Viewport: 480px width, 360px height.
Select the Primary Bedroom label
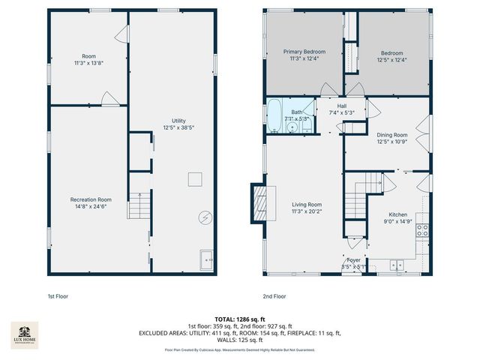[x=302, y=55]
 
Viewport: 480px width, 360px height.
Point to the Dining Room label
[x=391, y=138]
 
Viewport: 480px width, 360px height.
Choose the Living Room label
[x=307, y=208]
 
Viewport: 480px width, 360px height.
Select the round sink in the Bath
[x=291, y=127]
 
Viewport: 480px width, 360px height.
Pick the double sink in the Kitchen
[x=397, y=264]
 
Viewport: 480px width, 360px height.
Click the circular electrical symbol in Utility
[x=205, y=218]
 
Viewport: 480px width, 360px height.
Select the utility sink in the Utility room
[x=205, y=260]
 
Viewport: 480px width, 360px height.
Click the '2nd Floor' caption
[x=274, y=296]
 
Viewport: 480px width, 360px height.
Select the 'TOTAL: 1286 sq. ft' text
[x=239, y=319]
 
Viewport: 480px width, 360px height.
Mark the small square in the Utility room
[x=194, y=178]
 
